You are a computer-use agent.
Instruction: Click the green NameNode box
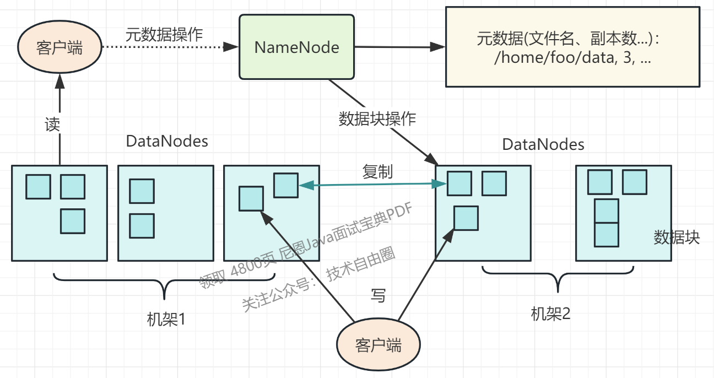pyautogui.click(x=296, y=47)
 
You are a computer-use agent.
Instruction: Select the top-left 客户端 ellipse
pyautogui.click(x=59, y=48)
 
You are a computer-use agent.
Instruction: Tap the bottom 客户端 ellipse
pyautogui.click(x=378, y=345)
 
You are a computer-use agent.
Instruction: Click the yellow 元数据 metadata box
pyautogui.click(x=572, y=47)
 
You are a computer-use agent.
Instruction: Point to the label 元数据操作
pyautogui.click(x=164, y=34)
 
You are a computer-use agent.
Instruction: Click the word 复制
pyautogui.click(x=377, y=171)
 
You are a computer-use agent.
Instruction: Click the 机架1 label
pyautogui.click(x=166, y=319)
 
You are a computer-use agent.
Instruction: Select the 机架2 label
pyautogui.click(x=550, y=314)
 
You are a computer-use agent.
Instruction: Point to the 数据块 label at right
pyautogui.click(x=677, y=237)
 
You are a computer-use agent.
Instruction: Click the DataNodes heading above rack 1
pyautogui.click(x=167, y=141)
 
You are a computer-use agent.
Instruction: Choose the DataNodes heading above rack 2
pyautogui.click(x=543, y=145)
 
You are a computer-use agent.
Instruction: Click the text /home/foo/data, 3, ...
pyautogui.click(x=572, y=59)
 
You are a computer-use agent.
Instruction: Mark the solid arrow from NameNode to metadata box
pyautogui.click(x=399, y=47)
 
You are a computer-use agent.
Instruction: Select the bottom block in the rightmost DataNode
pyautogui.click(x=606, y=234)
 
